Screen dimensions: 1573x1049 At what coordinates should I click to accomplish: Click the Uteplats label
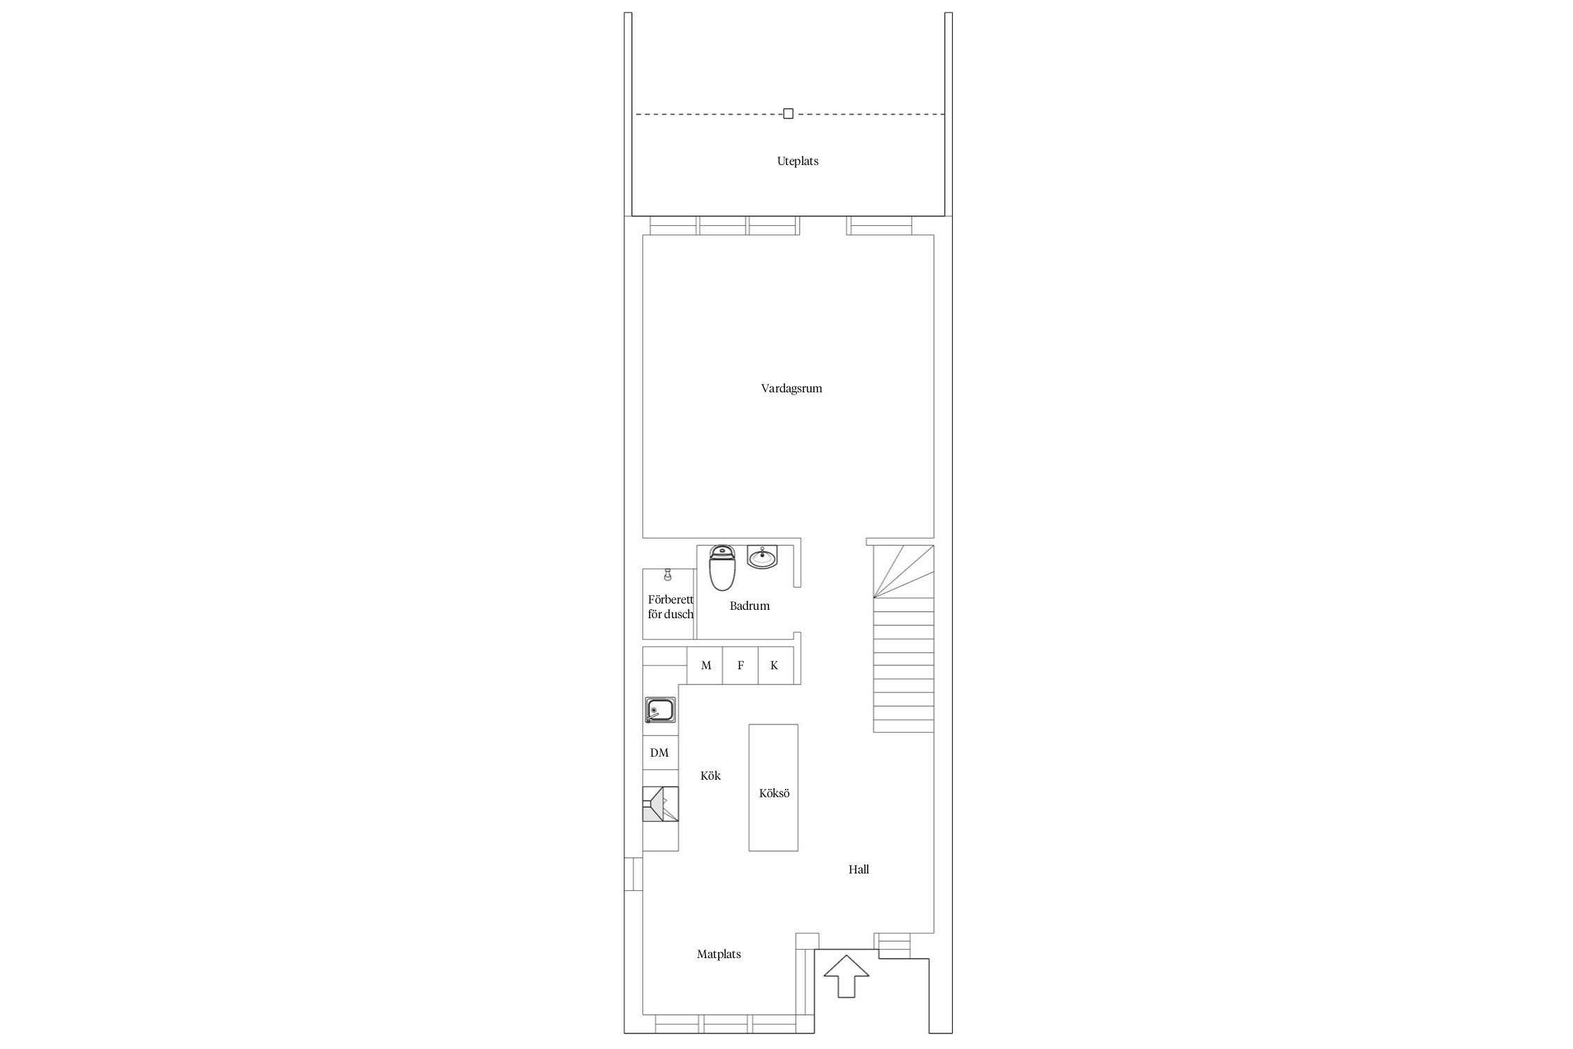click(x=798, y=161)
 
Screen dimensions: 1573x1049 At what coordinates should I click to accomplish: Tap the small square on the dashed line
click(x=788, y=113)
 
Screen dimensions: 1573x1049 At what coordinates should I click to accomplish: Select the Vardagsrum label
click(x=791, y=388)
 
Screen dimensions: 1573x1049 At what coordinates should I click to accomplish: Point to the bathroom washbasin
click(x=761, y=558)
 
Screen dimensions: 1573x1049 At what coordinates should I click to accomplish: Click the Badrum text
click(x=749, y=606)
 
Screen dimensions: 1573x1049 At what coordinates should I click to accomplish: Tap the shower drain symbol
click(x=668, y=574)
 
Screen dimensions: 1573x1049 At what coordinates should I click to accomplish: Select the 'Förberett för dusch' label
click(x=670, y=607)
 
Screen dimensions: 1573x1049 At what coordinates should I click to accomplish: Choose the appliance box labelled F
click(x=740, y=665)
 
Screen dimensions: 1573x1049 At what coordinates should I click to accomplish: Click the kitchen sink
click(x=660, y=710)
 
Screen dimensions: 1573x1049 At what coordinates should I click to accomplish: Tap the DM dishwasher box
click(x=661, y=752)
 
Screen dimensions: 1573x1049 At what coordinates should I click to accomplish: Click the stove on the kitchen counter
click(x=661, y=804)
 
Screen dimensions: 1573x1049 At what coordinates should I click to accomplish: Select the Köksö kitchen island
click(x=773, y=787)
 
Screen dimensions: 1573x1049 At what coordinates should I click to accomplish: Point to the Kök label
click(x=710, y=776)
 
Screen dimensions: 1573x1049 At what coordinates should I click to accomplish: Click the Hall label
click(x=859, y=869)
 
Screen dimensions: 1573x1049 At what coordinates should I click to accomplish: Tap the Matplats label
click(x=719, y=954)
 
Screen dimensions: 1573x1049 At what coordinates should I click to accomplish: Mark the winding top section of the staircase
click(x=903, y=572)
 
